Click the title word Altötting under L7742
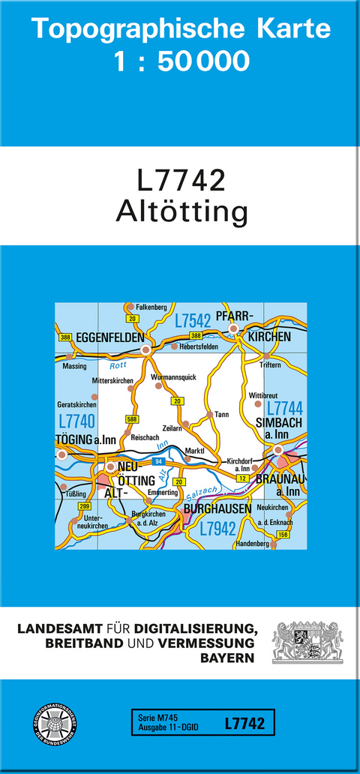coord(181,212)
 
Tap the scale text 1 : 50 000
coord(181,61)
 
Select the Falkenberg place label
coord(151,307)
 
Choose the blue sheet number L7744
coord(285,408)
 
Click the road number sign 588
coord(132,419)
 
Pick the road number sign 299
coord(84,508)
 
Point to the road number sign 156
coord(282,533)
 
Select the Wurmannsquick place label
coord(173,377)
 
